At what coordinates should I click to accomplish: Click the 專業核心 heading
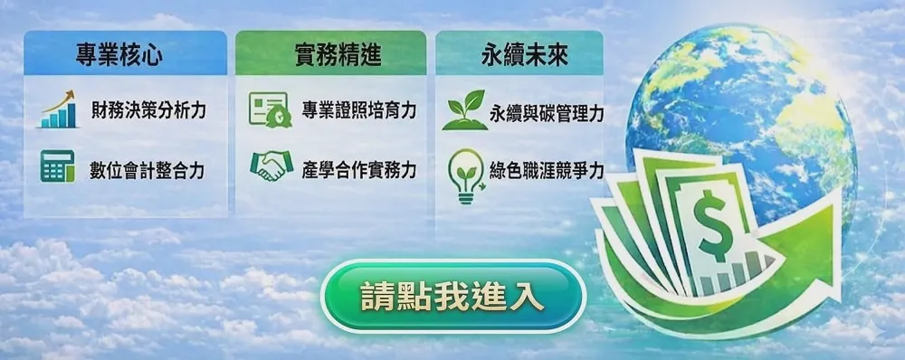(x=119, y=56)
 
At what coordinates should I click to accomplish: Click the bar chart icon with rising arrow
(x=58, y=109)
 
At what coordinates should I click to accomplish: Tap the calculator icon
(x=57, y=166)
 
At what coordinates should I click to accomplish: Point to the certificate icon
(x=270, y=109)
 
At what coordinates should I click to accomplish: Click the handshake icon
(x=271, y=166)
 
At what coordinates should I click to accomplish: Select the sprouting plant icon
(x=464, y=109)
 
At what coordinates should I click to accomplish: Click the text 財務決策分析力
(x=148, y=109)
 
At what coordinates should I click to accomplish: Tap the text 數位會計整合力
(x=148, y=171)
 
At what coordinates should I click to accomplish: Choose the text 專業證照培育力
(x=359, y=109)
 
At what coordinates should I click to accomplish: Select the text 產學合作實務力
(x=359, y=171)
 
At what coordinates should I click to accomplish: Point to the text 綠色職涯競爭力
(x=547, y=171)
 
